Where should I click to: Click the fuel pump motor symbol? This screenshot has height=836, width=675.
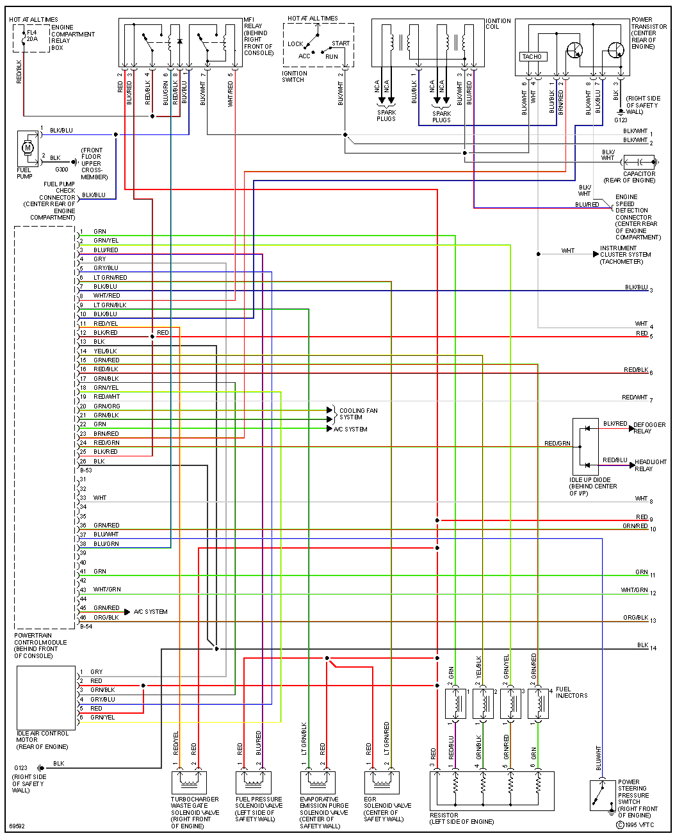click(28, 149)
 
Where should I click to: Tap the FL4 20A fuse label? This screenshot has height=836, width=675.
click(32, 35)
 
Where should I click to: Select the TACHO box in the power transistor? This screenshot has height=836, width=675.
click(532, 56)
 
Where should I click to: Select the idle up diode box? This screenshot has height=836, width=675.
click(585, 447)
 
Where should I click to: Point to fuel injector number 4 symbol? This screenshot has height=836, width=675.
click(539, 703)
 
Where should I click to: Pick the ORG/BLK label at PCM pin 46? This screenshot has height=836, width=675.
click(106, 618)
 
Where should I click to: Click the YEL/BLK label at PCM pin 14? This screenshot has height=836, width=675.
click(105, 351)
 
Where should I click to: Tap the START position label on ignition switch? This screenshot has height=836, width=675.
click(341, 44)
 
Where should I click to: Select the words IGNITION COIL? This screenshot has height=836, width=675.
click(498, 24)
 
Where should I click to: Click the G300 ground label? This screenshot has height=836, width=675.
click(61, 170)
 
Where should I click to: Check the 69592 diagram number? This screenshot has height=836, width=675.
click(17, 826)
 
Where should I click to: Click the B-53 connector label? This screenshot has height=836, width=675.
click(86, 470)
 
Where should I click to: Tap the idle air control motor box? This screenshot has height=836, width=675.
click(46, 697)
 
